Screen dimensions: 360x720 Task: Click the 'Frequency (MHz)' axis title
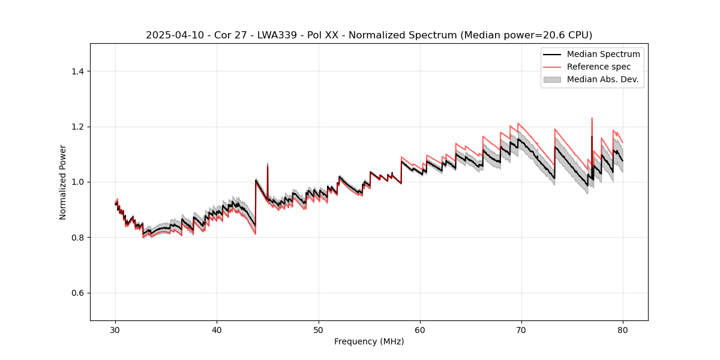[369, 341]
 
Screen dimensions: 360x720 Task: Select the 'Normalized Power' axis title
[63, 182]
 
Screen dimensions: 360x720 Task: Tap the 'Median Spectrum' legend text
[603, 54]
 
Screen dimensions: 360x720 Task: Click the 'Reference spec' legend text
[599, 67]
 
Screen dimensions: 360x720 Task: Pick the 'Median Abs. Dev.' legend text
[602, 79]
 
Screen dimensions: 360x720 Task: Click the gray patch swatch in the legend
[552, 79]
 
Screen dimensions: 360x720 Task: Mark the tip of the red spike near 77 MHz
[592, 118]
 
